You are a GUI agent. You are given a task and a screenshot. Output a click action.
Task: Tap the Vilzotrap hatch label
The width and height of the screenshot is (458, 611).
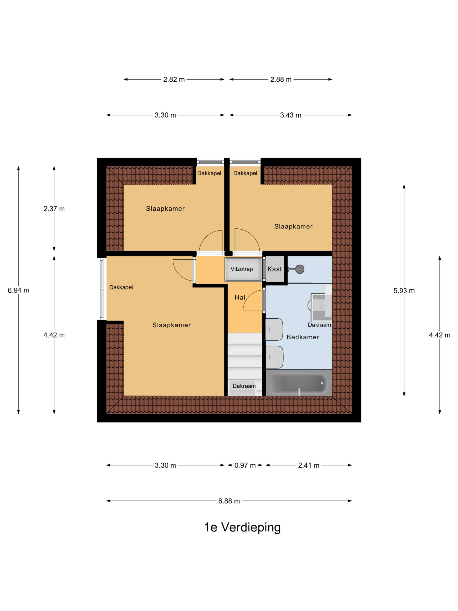[x=242, y=269]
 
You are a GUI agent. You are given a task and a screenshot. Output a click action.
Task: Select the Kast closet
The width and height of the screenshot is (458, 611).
[x=275, y=269]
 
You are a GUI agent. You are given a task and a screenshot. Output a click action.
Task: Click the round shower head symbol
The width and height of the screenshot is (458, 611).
[x=300, y=269]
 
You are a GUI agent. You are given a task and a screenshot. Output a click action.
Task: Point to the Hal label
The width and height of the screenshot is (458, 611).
[x=240, y=297]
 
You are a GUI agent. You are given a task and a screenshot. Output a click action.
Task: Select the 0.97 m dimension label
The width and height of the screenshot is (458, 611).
[x=245, y=465]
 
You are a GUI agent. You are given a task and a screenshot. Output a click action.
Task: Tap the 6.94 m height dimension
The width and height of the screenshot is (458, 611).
[x=18, y=290]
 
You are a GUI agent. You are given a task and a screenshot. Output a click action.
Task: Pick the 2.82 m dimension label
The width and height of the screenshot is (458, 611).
[x=174, y=79]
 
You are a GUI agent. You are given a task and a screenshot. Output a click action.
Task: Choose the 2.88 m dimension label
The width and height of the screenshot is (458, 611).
[x=281, y=79]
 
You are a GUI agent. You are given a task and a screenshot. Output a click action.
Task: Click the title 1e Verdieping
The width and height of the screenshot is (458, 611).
[x=242, y=527]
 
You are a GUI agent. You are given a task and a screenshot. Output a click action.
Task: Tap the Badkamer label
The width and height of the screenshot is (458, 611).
[x=303, y=337]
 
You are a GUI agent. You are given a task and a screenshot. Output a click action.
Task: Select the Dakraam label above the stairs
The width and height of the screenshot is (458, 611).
[x=244, y=386]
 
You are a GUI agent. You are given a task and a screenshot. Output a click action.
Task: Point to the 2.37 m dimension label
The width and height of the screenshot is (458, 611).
[x=54, y=209]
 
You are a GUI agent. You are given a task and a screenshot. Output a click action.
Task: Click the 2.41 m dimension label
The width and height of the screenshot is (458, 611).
[x=309, y=465]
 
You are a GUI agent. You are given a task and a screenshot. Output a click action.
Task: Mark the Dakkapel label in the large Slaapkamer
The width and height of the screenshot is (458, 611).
[x=121, y=287]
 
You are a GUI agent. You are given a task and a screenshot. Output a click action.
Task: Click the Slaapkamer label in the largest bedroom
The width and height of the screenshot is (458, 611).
[x=172, y=325]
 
